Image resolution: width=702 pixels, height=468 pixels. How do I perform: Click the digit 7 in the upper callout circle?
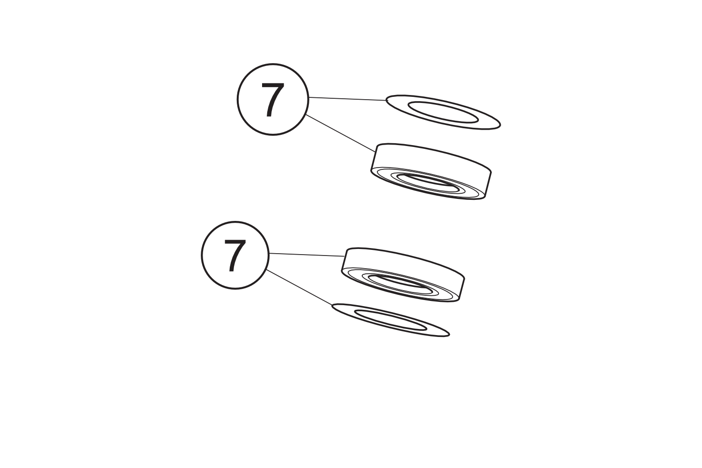coord(273,100)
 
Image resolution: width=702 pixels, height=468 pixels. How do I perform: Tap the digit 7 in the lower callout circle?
coord(235,256)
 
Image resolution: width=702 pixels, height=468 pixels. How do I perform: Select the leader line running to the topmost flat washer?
coord(348,99)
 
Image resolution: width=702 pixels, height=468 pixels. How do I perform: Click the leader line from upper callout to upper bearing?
coord(341,133)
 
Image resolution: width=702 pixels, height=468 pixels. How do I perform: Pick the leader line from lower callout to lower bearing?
coord(307,255)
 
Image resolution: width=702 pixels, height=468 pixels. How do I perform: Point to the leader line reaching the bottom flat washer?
coord(299,287)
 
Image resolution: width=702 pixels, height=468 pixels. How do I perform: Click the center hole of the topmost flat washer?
coord(443,112)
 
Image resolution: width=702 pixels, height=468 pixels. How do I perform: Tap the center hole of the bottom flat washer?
coord(390,320)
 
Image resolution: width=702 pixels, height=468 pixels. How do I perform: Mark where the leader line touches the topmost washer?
coord(387,101)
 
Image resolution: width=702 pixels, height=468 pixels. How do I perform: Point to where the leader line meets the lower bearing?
coord(345,256)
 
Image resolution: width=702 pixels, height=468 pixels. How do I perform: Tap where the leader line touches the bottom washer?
coord(332,305)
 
